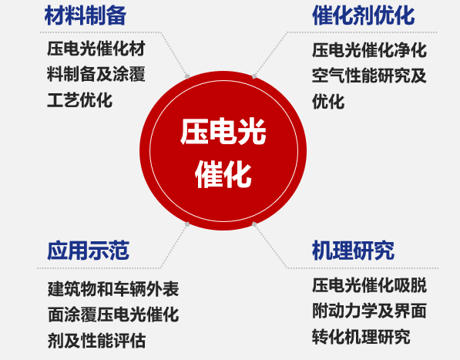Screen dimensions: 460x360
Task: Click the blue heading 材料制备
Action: [x=86, y=15]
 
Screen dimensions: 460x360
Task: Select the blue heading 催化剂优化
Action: [x=363, y=15]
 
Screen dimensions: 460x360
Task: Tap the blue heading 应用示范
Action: [x=88, y=251]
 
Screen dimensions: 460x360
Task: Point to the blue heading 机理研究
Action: [x=353, y=251]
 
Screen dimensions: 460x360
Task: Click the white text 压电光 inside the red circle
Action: [x=223, y=131]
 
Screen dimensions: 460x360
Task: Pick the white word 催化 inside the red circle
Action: [x=223, y=176]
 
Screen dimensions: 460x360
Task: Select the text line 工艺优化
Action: [x=79, y=100]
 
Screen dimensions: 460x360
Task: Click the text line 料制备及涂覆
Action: [x=96, y=74]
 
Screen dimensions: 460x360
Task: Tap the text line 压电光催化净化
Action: [x=369, y=50]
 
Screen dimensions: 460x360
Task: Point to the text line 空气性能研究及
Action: [x=369, y=76]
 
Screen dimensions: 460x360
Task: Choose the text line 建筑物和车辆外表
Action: [x=113, y=289]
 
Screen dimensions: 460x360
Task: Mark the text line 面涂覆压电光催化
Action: [x=113, y=315]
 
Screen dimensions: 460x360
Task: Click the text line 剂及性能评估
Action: [x=96, y=340]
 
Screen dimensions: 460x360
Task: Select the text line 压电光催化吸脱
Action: [x=369, y=285]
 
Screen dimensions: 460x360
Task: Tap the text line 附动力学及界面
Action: [x=369, y=311]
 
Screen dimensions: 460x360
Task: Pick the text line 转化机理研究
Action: [x=361, y=337]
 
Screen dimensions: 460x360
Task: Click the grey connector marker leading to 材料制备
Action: [x=187, y=76]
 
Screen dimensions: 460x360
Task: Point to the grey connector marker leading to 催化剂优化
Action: [x=254, y=76]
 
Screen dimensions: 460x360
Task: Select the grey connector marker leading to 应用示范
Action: [x=187, y=224]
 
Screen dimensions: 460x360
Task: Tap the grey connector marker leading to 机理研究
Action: [x=254, y=224]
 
